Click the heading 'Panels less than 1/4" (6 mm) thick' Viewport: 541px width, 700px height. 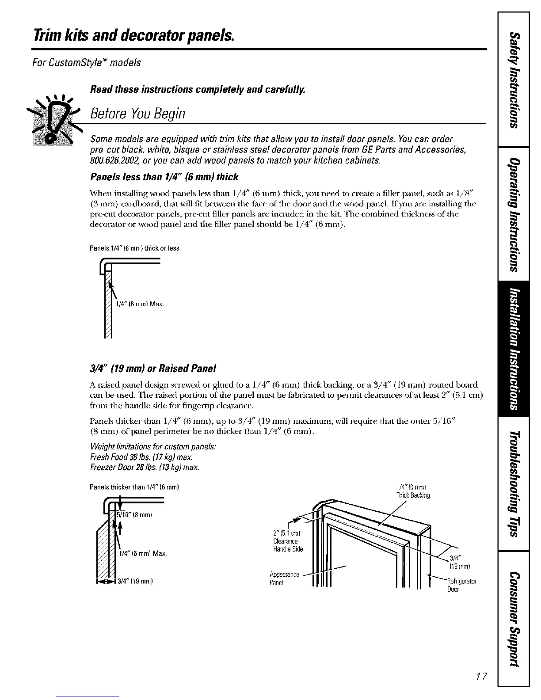coord(164,177)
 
